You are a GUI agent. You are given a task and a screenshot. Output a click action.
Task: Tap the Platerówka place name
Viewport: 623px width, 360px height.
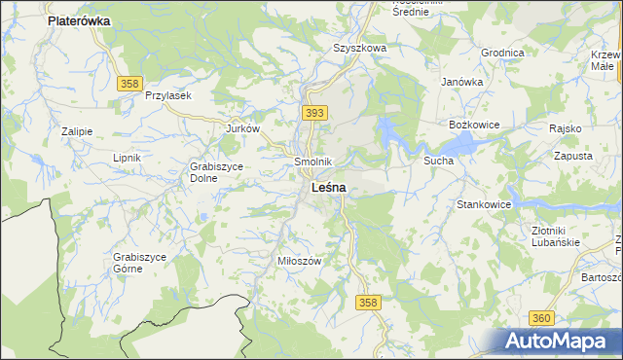coord(79,19)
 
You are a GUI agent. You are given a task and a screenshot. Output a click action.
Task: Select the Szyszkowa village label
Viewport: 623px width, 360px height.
coord(360,47)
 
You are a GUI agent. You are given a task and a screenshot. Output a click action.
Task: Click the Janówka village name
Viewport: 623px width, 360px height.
coord(462,82)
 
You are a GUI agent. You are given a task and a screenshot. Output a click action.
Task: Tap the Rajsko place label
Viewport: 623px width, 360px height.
coord(565,128)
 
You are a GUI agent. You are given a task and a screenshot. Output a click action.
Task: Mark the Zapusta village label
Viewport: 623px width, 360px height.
coord(573,156)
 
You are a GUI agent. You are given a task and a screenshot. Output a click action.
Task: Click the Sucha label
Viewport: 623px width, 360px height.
coord(438,160)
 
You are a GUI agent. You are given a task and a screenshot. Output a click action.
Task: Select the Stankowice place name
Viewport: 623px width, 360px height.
coord(485,205)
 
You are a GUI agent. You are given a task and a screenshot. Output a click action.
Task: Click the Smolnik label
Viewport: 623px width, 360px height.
coord(313,162)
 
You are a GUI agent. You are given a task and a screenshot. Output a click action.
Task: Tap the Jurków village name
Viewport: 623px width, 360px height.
coord(242,128)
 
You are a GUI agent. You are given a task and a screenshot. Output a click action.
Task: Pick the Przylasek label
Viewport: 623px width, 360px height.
coord(168,95)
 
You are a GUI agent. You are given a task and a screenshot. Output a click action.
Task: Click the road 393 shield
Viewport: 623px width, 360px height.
coord(313,114)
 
